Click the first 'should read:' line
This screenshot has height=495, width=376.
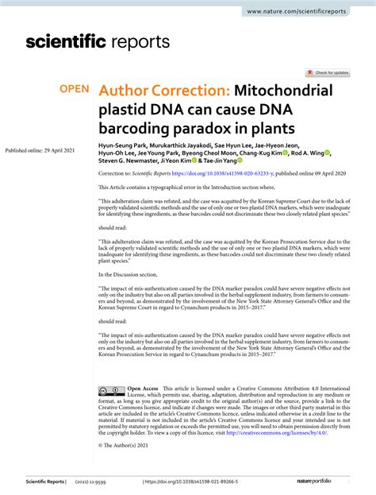(113, 226)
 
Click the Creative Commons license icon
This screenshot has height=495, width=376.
(110, 391)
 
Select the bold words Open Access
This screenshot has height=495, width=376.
(144, 389)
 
